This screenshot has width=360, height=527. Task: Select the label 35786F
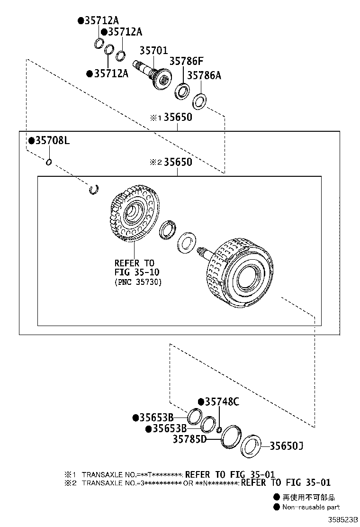tap(186, 62)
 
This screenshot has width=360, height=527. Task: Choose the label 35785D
tap(189, 439)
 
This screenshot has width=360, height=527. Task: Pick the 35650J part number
tap(287, 445)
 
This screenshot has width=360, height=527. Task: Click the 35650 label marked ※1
tap(178, 117)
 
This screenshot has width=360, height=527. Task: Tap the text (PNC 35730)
tap(138, 282)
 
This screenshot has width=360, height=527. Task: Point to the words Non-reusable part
tap(311, 507)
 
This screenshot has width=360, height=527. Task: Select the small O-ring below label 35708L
tap(48, 163)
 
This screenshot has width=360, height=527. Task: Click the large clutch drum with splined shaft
tap(237, 270)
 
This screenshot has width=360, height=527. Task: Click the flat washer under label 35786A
tap(199, 101)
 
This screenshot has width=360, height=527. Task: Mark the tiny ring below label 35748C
tap(219, 430)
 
